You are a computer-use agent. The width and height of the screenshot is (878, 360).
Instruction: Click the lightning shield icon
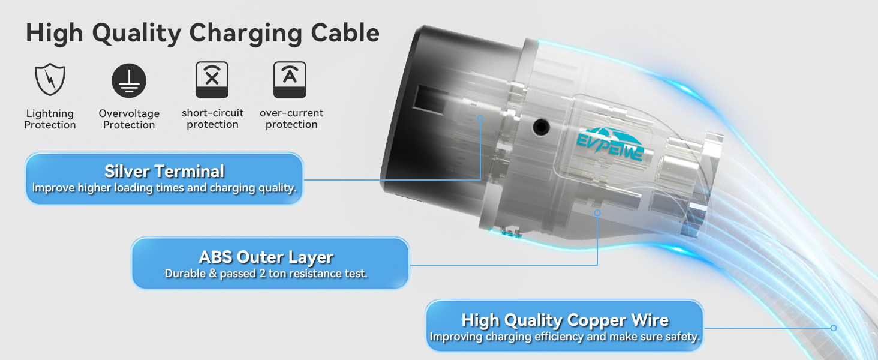pos(50,80)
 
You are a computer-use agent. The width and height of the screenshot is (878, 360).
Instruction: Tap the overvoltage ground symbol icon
pos(129,80)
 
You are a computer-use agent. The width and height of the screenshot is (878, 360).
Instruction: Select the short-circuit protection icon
pos(212,80)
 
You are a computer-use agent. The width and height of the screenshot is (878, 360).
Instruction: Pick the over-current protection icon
pos(290,80)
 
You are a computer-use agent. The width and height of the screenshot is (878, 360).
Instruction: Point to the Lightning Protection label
pos(50,119)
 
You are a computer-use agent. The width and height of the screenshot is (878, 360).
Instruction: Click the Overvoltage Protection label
pos(129,119)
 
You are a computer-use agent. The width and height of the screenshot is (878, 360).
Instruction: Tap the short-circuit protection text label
pos(212,119)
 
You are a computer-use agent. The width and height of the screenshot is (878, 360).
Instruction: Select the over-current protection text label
pos(291,119)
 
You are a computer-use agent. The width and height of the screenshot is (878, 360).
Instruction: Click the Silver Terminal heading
pos(164,172)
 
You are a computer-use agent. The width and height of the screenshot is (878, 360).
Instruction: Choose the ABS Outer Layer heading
pos(266,257)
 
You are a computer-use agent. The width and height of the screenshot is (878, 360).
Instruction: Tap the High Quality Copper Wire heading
pos(565,320)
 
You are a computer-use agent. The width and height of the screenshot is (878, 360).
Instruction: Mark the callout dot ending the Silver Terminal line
pos(480,119)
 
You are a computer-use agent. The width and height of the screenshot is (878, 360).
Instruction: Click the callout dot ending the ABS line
pos(597,212)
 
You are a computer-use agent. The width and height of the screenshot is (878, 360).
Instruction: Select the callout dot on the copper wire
pos(834,328)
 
